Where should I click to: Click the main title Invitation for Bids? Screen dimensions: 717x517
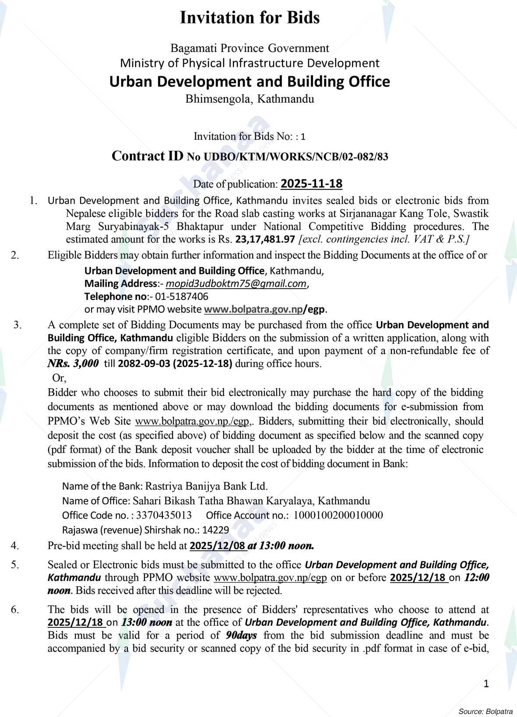coord(250,18)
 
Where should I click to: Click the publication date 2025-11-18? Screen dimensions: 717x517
coord(311,184)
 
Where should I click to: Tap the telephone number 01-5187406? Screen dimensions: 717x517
coord(181,296)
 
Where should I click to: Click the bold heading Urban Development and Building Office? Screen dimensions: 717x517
coord(250,82)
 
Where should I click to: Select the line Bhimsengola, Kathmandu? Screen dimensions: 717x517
coord(250,99)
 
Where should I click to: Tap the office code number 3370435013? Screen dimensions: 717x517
coord(164,515)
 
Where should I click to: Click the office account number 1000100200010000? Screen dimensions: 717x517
coord(338,515)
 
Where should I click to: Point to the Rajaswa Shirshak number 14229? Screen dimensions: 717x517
coord(216,530)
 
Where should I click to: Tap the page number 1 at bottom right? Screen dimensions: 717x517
coord(486,684)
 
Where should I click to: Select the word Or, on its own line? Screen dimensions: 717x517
coord(59,378)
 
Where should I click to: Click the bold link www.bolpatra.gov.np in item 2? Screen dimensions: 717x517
coord(253,309)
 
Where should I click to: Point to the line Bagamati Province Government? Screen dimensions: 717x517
coord(250,48)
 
